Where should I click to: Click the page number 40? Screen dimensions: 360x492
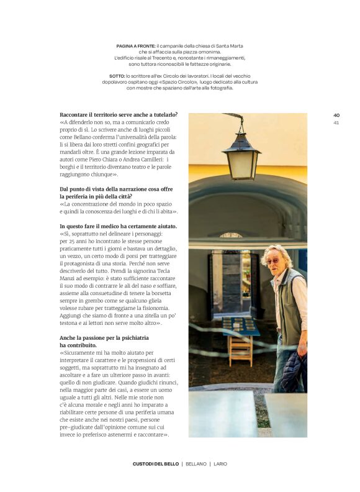tap(336, 115)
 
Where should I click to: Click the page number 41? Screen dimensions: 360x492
tap(336, 122)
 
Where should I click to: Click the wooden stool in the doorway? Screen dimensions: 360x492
tap(240, 350)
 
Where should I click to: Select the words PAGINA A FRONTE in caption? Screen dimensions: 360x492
tap(135, 46)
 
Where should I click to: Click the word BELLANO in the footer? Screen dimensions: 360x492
tap(196, 464)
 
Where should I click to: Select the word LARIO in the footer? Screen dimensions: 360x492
tap(220, 464)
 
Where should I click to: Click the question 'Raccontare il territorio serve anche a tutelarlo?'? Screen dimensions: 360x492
tap(119, 114)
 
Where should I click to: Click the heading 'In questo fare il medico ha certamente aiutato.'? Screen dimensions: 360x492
tap(119, 226)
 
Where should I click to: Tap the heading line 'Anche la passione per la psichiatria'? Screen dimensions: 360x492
tap(104, 338)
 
